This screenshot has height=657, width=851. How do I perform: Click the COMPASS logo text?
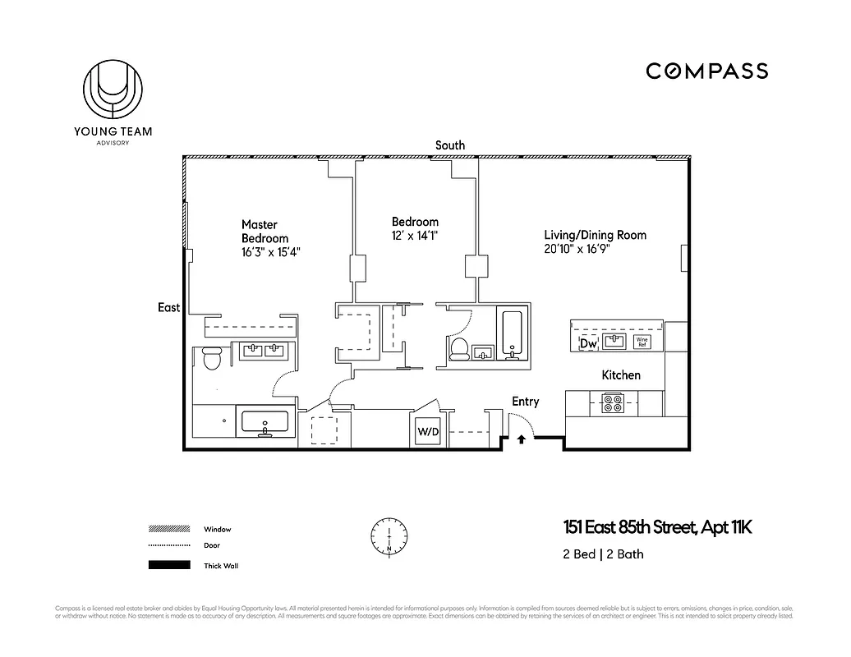pos(706,71)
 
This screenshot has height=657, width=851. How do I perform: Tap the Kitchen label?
pos(621,375)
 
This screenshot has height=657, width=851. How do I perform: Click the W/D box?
pos(429,431)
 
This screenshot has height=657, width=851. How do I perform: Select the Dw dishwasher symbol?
pos(588,343)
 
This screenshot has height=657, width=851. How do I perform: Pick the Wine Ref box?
pos(642,342)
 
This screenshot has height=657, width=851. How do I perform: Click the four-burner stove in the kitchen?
pos(612,403)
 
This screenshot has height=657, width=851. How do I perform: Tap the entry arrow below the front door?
pos(522,440)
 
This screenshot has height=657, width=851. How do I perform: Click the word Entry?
pos(526,402)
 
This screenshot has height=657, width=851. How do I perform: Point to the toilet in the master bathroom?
pos(211,358)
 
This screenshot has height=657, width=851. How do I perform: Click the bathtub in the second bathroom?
pos(512,333)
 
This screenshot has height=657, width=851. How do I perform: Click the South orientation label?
pos(450,145)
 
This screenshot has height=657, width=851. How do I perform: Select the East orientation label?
pos(169,307)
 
